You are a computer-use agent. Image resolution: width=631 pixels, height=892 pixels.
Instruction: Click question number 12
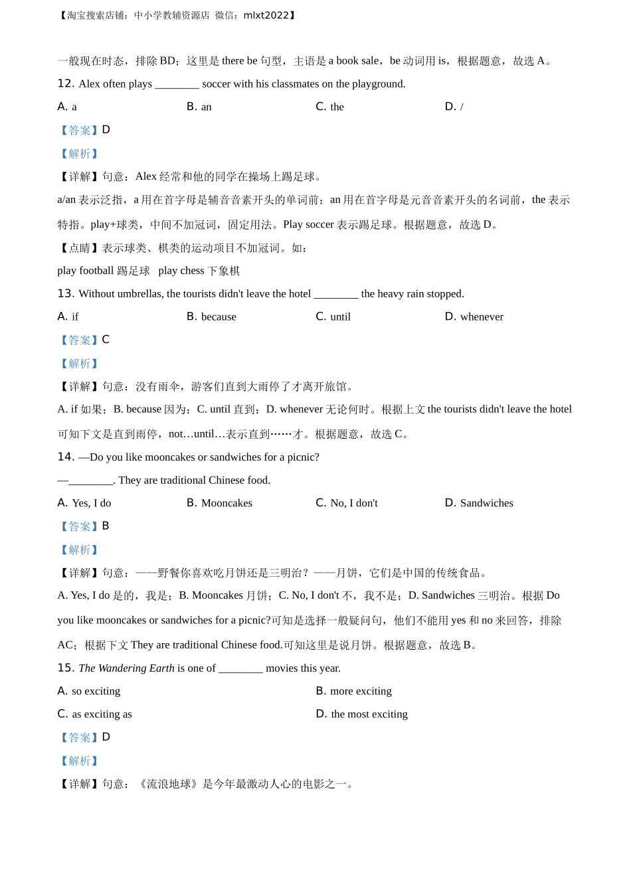click(65, 84)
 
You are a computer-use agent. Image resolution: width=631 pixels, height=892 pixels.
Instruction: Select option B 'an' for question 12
click(199, 107)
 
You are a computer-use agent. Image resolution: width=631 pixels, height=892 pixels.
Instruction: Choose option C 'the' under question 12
click(330, 107)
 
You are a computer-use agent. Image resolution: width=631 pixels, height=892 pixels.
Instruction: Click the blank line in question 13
click(335, 294)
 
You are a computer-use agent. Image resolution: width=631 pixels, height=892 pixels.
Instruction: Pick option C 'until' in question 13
click(333, 317)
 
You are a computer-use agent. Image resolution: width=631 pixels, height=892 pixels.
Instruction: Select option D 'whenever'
click(474, 317)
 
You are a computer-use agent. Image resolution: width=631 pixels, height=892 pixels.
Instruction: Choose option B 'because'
click(211, 317)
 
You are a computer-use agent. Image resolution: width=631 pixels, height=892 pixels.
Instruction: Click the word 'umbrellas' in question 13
click(139, 294)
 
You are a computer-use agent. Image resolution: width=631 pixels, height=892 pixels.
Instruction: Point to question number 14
click(65, 457)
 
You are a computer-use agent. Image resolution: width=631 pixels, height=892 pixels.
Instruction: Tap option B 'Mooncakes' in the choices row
click(220, 503)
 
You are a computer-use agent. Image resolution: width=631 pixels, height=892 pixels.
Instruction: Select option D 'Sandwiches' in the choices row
click(479, 503)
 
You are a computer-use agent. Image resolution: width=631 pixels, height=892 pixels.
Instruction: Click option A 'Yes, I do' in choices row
click(84, 503)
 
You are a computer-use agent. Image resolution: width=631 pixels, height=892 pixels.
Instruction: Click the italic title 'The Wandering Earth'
click(126, 668)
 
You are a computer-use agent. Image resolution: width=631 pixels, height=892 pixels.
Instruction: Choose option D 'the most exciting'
click(362, 714)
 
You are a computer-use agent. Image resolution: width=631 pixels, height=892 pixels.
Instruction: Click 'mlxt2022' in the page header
click(266, 15)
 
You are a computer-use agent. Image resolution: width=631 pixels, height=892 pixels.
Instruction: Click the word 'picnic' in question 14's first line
click(300, 457)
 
